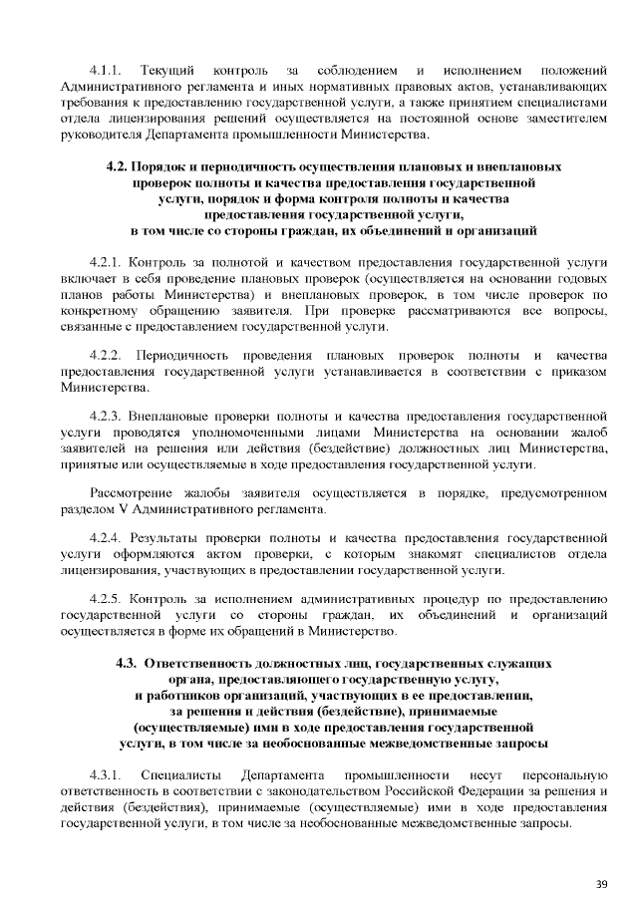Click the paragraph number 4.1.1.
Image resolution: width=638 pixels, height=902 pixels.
(x=106, y=71)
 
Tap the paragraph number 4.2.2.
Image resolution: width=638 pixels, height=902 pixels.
(x=106, y=356)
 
